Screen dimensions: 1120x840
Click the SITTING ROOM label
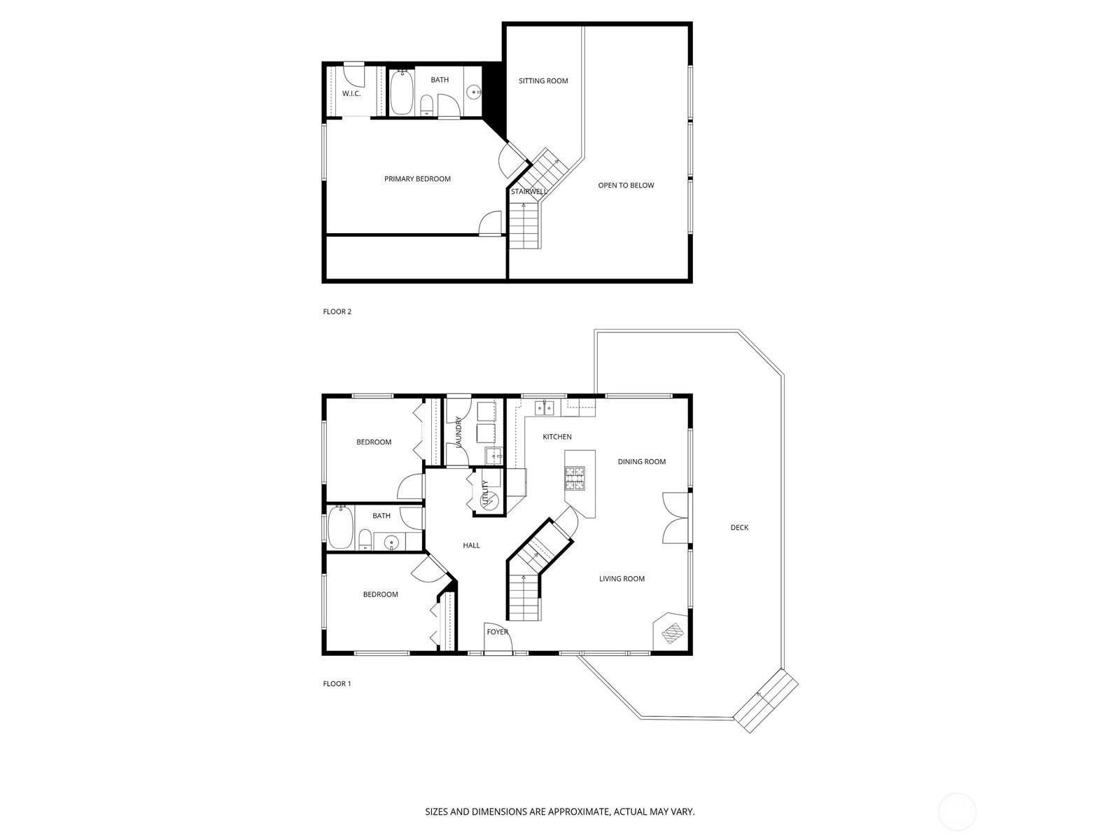tap(543, 80)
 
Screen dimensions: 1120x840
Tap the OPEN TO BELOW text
tap(626, 185)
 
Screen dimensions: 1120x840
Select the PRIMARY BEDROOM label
tap(417, 178)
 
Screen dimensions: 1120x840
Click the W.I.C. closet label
tap(351, 93)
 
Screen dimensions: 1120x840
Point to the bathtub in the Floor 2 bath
tap(402, 93)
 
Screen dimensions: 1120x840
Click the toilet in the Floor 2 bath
tap(426, 106)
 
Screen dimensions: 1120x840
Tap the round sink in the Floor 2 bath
tap(474, 93)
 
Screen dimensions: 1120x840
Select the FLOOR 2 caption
tap(337, 311)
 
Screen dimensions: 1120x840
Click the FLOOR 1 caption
tap(337, 683)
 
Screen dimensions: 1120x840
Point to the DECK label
tap(738, 527)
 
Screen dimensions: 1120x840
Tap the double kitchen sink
tap(544, 407)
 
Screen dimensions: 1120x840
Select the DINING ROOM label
tap(641, 461)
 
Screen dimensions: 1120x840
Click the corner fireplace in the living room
tap(671, 631)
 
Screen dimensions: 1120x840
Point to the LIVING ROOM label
tap(622, 578)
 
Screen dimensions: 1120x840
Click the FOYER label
tap(497, 632)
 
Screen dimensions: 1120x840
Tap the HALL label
tap(471, 545)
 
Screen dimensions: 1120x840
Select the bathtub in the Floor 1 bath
tap(339, 527)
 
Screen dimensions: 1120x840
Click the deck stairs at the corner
tap(765, 701)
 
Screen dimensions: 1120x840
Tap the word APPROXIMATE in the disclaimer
tap(579, 811)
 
